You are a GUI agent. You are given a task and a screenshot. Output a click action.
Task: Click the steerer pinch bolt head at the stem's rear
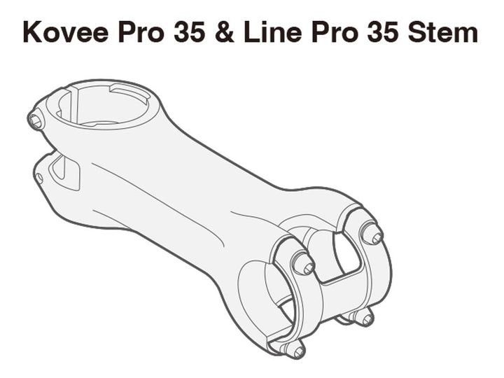pyautogui.click(x=35, y=120)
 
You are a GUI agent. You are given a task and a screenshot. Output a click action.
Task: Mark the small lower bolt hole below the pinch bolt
pyautogui.click(x=38, y=178)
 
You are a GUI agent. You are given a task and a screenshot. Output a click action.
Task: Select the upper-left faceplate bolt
pyautogui.click(x=303, y=264)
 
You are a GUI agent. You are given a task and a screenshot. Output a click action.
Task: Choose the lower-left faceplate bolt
pyautogui.click(x=294, y=348)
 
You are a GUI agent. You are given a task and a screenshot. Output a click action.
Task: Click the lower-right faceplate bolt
pyautogui.click(x=363, y=318)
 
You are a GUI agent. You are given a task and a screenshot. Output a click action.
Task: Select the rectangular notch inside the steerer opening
pyautogui.click(x=129, y=94)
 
